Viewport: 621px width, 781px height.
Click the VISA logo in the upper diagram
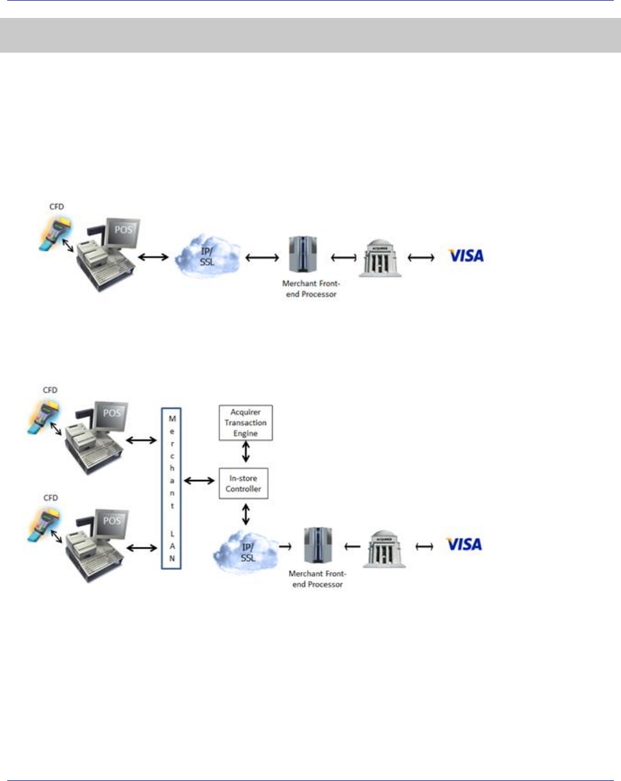466,256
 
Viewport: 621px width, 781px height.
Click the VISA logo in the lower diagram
464,544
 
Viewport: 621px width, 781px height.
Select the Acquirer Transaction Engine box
245,423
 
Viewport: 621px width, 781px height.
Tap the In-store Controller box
243,484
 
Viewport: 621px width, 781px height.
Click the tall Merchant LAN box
172,488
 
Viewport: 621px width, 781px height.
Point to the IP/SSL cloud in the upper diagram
207,257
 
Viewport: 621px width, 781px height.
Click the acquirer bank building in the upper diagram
380,259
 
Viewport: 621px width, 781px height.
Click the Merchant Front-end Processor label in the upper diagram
311,289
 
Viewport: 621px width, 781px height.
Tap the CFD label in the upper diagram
57,206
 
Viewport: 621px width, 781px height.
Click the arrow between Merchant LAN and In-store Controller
200,480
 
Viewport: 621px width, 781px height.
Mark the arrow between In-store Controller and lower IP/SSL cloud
245,513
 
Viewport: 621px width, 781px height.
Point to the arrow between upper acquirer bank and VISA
421,258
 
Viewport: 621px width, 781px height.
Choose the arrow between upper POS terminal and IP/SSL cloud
153,257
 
